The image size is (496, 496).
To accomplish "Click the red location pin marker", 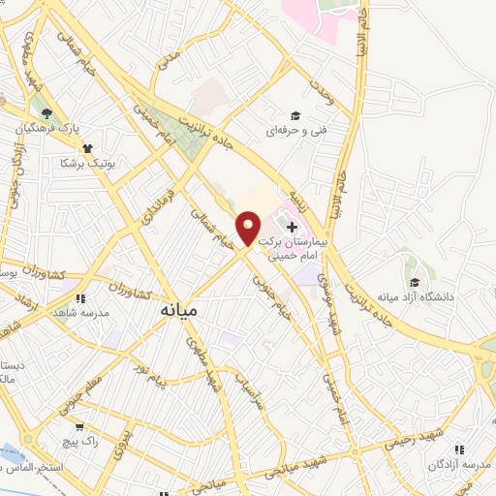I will (x=248, y=229).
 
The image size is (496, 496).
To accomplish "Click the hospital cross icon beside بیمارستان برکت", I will (x=293, y=226).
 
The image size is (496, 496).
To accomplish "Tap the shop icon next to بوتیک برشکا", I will (x=88, y=148).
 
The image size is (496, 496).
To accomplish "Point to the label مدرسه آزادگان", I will (x=458, y=465).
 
